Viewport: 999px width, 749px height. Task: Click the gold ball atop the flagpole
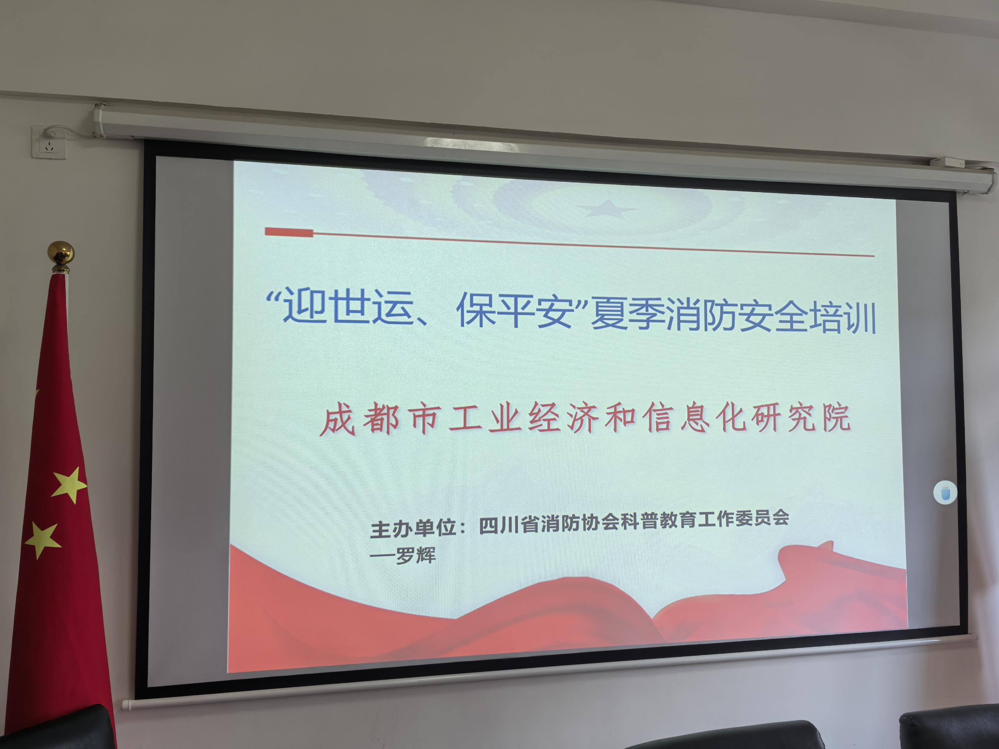pos(61,253)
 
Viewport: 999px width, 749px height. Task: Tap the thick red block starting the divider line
pos(289,233)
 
